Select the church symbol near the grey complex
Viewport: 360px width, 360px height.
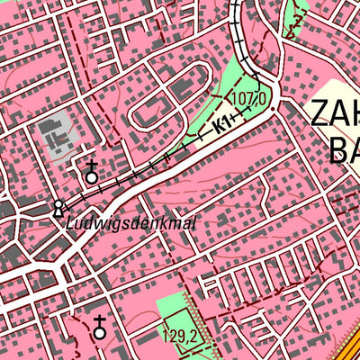coord(91,174)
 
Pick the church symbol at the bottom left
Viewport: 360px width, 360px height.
coord(99,328)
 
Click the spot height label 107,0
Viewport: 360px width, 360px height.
coord(250,97)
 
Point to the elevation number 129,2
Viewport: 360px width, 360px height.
coord(181,337)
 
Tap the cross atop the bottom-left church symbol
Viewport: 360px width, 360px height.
coord(99,319)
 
